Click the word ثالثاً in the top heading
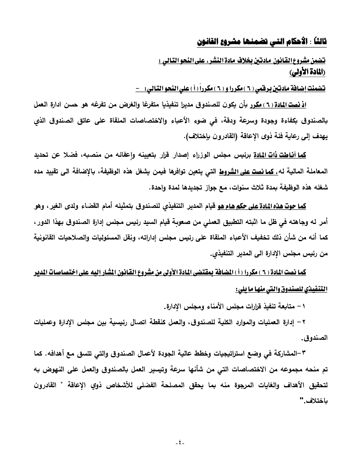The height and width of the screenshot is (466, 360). (x=318, y=43)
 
